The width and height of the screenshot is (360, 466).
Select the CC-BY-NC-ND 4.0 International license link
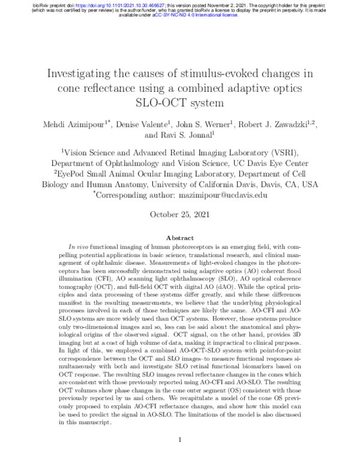point(196,15)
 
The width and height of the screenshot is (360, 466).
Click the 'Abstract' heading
point(179,238)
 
